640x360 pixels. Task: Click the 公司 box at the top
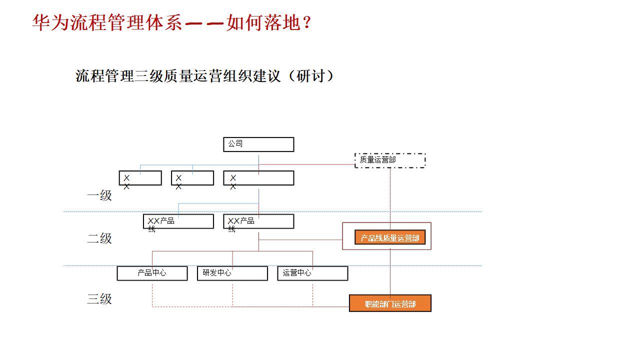point(258,144)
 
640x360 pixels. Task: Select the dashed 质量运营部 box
point(390,160)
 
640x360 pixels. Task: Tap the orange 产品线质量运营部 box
point(390,237)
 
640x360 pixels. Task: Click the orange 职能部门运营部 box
point(390,303)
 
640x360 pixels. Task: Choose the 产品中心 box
point(152,273)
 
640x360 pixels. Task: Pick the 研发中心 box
point(232,273)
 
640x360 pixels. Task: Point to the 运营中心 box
point(312,273)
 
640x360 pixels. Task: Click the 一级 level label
point(99,195)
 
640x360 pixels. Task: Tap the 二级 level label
point(99,238)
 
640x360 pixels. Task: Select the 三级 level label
point(99,299)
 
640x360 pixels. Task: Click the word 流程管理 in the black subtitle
point(104,76)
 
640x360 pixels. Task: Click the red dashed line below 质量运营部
point(390,195)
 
